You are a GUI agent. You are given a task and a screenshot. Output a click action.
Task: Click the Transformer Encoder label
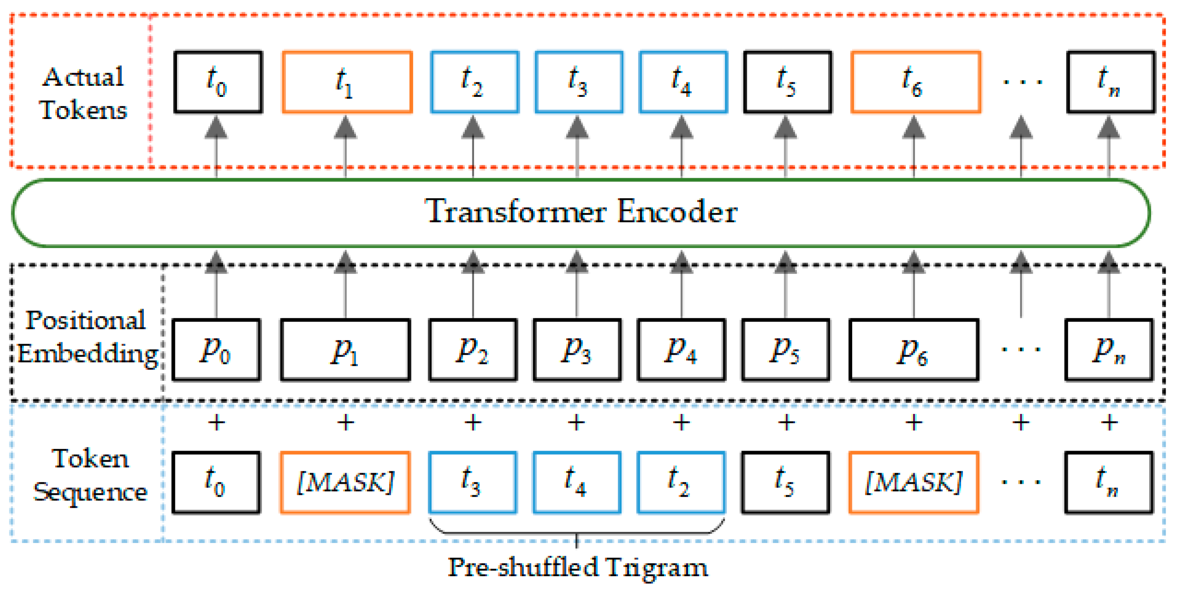[581, 211]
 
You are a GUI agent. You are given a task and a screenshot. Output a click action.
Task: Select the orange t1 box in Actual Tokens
[347, 82]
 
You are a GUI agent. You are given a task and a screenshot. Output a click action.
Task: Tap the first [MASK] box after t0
[345, 482]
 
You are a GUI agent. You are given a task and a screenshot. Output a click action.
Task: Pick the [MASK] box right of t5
[913, 482]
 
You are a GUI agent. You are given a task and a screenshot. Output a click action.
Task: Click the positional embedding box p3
[577, 350]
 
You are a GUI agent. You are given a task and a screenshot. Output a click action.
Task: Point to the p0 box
[216, 350]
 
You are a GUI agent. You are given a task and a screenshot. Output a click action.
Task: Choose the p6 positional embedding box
[913, 350]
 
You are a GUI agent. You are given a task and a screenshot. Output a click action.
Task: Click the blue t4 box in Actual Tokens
[683, 82]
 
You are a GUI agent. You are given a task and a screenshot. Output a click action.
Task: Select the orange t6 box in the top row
[915, 82]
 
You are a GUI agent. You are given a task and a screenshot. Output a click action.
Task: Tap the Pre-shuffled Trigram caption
[577, 567]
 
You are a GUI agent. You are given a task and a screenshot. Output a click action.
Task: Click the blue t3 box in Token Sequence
[472, 482]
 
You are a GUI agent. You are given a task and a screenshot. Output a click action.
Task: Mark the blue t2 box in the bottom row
[681, 482]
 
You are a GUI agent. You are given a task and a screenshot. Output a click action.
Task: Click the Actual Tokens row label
[83, 93]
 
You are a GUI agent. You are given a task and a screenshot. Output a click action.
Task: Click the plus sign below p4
[681, 422]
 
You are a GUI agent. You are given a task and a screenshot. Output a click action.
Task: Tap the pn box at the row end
[1108, 350]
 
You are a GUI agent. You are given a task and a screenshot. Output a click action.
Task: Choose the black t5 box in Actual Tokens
[787, 82]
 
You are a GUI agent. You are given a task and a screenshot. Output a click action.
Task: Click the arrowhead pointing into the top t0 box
[216, 127]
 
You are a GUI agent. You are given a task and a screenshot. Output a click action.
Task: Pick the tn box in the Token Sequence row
[1108, 482]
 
